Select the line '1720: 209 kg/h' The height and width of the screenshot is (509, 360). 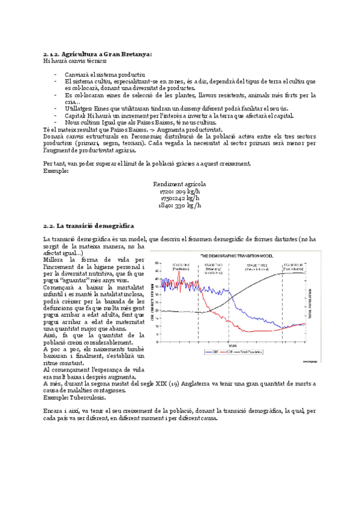coord(180,191)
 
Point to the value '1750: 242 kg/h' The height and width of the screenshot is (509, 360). coord(180,197)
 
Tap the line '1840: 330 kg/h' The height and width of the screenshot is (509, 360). coord(180,205)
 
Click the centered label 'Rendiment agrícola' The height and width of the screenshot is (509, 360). coord(180,184)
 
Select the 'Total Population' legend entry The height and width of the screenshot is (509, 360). coord(247,352)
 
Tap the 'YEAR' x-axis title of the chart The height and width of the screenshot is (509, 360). coord(232,345)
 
